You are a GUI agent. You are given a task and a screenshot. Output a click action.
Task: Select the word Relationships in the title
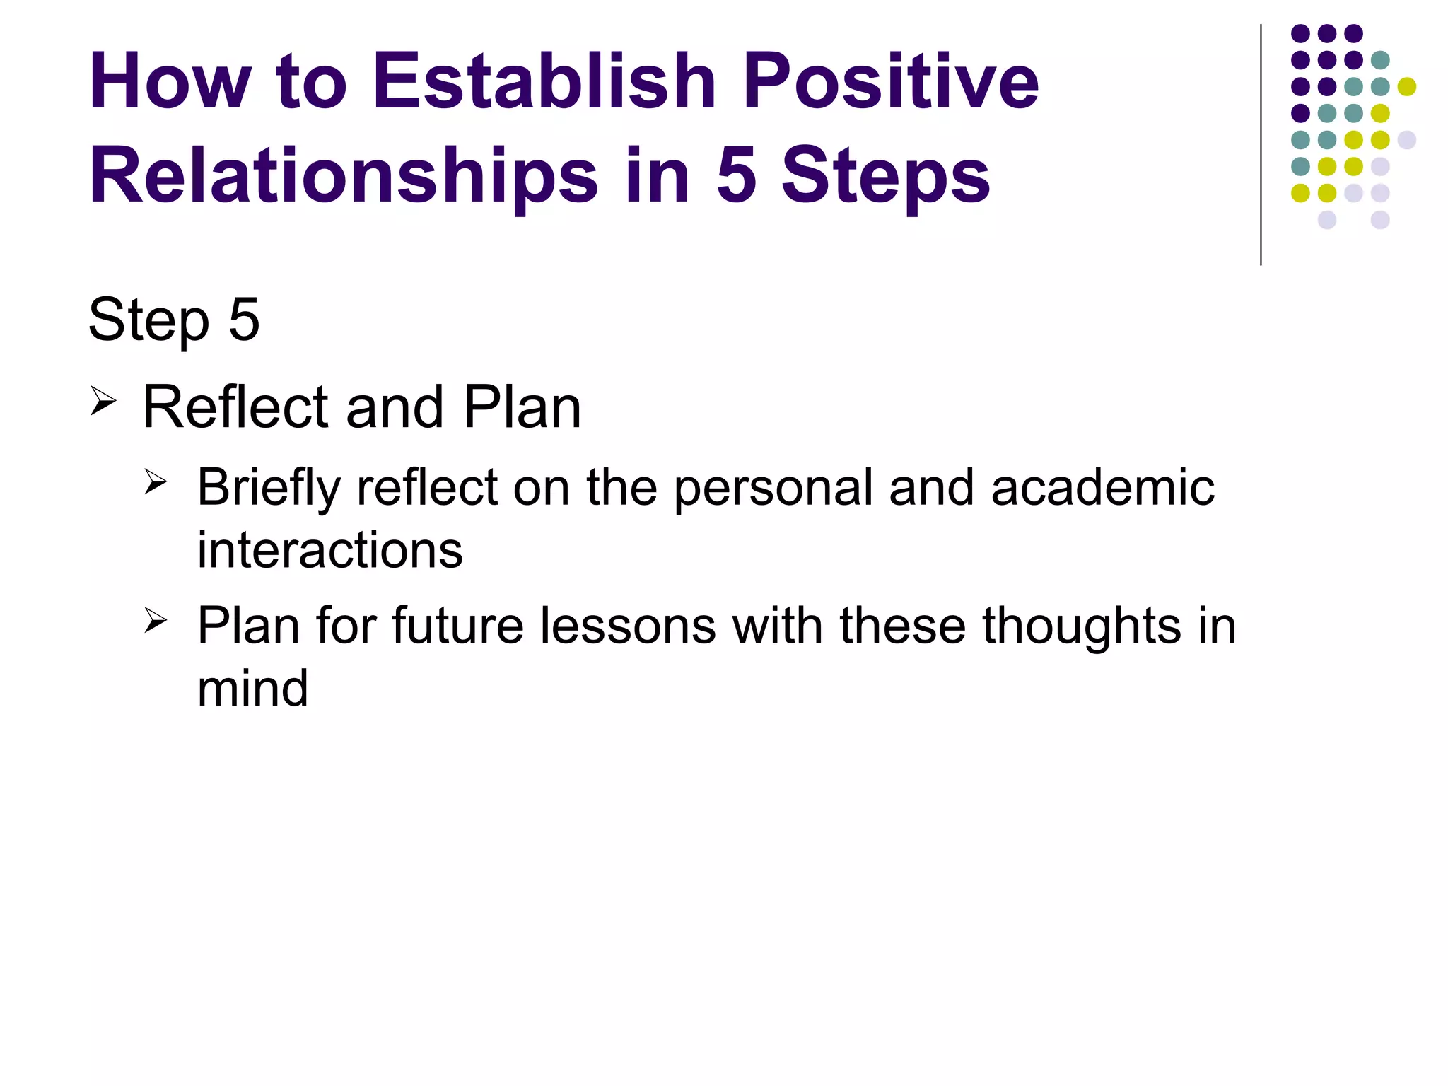click(344, 177)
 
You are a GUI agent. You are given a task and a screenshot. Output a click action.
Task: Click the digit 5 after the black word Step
click(244, 320)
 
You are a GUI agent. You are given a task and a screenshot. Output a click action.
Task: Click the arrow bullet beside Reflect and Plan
click(103, 402)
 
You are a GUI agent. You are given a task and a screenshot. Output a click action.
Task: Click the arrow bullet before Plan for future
click(156, 621)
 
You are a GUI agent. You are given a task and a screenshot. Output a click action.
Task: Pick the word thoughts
click(1081, 628)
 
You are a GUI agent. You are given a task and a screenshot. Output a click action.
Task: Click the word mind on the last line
click(252, 689)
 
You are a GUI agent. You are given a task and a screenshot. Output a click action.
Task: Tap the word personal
click(773, 489)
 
